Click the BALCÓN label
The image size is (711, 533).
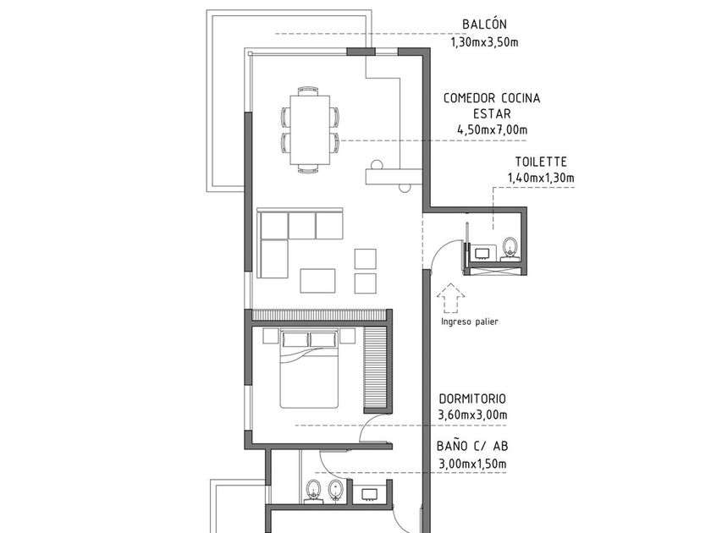pyautogui.click(x=484, y=24)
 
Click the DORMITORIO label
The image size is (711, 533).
pyautogui.click(x=472, y=398)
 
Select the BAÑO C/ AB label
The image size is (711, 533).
pyautogui.click(x=472, y=447)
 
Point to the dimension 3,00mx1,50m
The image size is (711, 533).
pyautogui.click(x=472, y=463)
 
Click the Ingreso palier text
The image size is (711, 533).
pyautogui.click(x=470, y=321)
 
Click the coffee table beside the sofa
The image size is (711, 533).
pyautogui.click(x=317, y=280)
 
